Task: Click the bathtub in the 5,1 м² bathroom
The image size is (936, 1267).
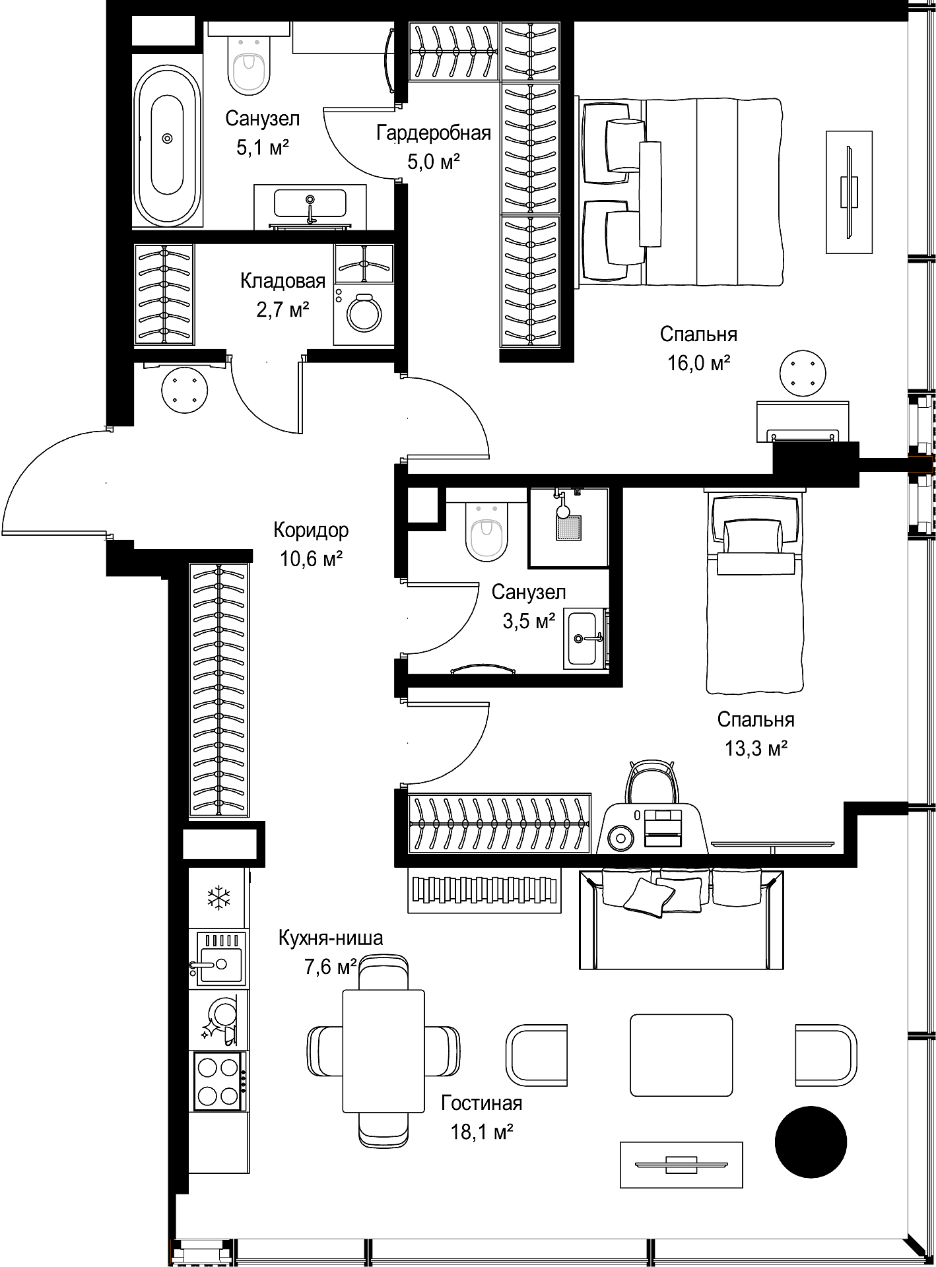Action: (167, 138)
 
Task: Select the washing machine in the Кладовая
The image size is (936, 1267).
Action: (364, 313)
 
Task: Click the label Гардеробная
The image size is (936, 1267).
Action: (434, 133)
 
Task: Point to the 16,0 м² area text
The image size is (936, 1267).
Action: (699, 363)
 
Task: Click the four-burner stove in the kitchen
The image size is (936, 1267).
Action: (220, 1081)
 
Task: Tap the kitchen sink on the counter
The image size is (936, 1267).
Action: (218, 959)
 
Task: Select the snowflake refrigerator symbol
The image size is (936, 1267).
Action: (218, 897)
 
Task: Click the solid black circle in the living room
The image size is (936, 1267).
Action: (810, 1142)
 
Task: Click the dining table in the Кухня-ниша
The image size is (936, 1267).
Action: (383, 1051)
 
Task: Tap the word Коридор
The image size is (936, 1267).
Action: (311, 530)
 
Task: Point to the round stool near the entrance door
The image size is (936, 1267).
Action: (185, 389)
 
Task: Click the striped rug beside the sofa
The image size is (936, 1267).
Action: (485, 890)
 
